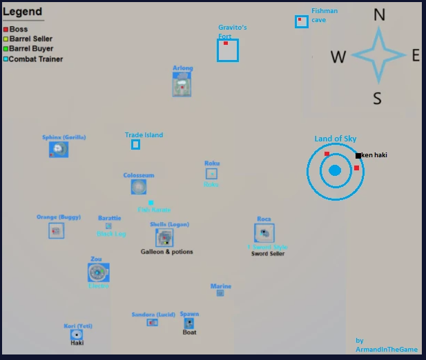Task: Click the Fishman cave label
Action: tap(323, 15)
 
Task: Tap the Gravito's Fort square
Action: tap(228, 50)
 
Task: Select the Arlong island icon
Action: tap(182, 85)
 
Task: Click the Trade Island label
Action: tap(144, 135)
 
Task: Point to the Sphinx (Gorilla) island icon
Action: tap(59, 149)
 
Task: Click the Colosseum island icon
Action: tap(139, 186)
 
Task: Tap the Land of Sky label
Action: tap(336, 139)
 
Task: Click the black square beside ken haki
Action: tap(358, 155)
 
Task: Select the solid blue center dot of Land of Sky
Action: tap(335, 170)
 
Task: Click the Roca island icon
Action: tap(264, 233)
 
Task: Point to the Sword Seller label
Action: tap(268, 254)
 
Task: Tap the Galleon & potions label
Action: tap(167, 252)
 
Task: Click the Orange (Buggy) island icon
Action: tap(57, 230)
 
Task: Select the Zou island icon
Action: tap(98, 272)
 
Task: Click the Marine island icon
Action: tap(220, 293)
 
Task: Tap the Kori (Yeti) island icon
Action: tap(77, 334)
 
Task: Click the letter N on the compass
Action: tap(379, 15)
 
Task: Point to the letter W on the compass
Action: tap(338, 57)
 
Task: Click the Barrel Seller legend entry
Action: tap(30, 39)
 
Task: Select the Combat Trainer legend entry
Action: tap(35, 59)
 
